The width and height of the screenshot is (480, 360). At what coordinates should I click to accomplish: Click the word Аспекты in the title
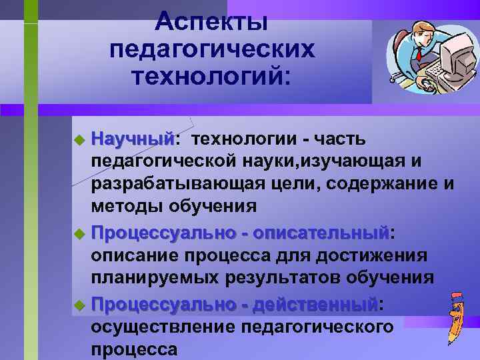point(211,21)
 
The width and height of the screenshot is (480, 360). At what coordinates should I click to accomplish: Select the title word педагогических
point(211,50)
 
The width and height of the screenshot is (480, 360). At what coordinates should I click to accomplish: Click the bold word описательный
point(321,234)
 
